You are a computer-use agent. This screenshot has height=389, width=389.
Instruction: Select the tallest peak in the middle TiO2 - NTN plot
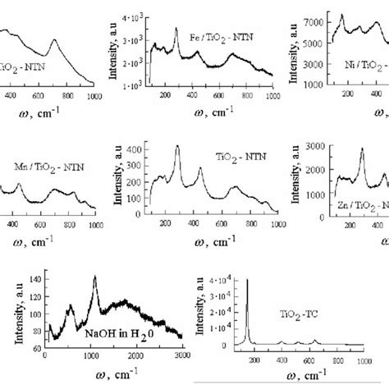176,147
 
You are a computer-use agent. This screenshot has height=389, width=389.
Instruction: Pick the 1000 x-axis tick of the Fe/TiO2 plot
272,97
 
